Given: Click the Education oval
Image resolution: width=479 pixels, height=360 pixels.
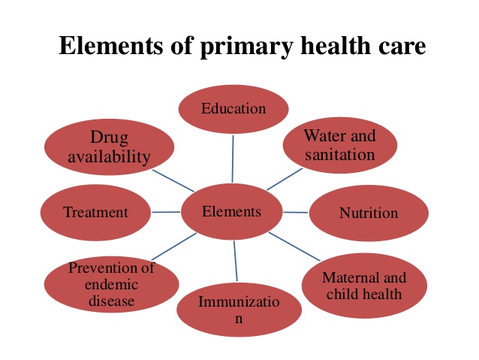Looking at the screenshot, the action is coord(233,109).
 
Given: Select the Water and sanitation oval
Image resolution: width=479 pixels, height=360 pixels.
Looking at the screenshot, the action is coord(340,145).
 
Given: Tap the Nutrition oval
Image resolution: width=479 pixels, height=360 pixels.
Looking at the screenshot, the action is coord(369,213).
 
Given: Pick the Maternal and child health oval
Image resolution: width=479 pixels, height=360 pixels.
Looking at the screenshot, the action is coord(364,286).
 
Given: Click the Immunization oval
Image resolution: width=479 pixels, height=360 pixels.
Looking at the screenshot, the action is coord(239,310).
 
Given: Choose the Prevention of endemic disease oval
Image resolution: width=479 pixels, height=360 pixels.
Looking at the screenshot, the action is coord(111,284).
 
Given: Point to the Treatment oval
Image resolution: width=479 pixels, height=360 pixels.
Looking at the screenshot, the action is coord(95,212).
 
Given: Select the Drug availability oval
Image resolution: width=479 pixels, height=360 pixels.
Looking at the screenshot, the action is coord(109,147).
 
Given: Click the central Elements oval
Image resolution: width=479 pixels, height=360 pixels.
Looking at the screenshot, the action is coord(231,212).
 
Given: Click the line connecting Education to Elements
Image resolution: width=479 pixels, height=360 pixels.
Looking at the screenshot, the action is coord(233,159).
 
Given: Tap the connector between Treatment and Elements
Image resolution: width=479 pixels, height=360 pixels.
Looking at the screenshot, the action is coord(166,212).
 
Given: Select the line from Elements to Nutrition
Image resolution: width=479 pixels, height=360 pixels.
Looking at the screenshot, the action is coord(295,212).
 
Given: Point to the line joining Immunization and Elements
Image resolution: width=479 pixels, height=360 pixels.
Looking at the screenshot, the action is coord(236,261).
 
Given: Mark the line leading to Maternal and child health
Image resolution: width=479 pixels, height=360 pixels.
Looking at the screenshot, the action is coord(294,247).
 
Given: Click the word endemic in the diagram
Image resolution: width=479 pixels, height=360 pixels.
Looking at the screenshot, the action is coord(112,284).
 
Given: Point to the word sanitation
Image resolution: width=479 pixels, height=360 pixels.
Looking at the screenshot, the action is coord(340,155).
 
